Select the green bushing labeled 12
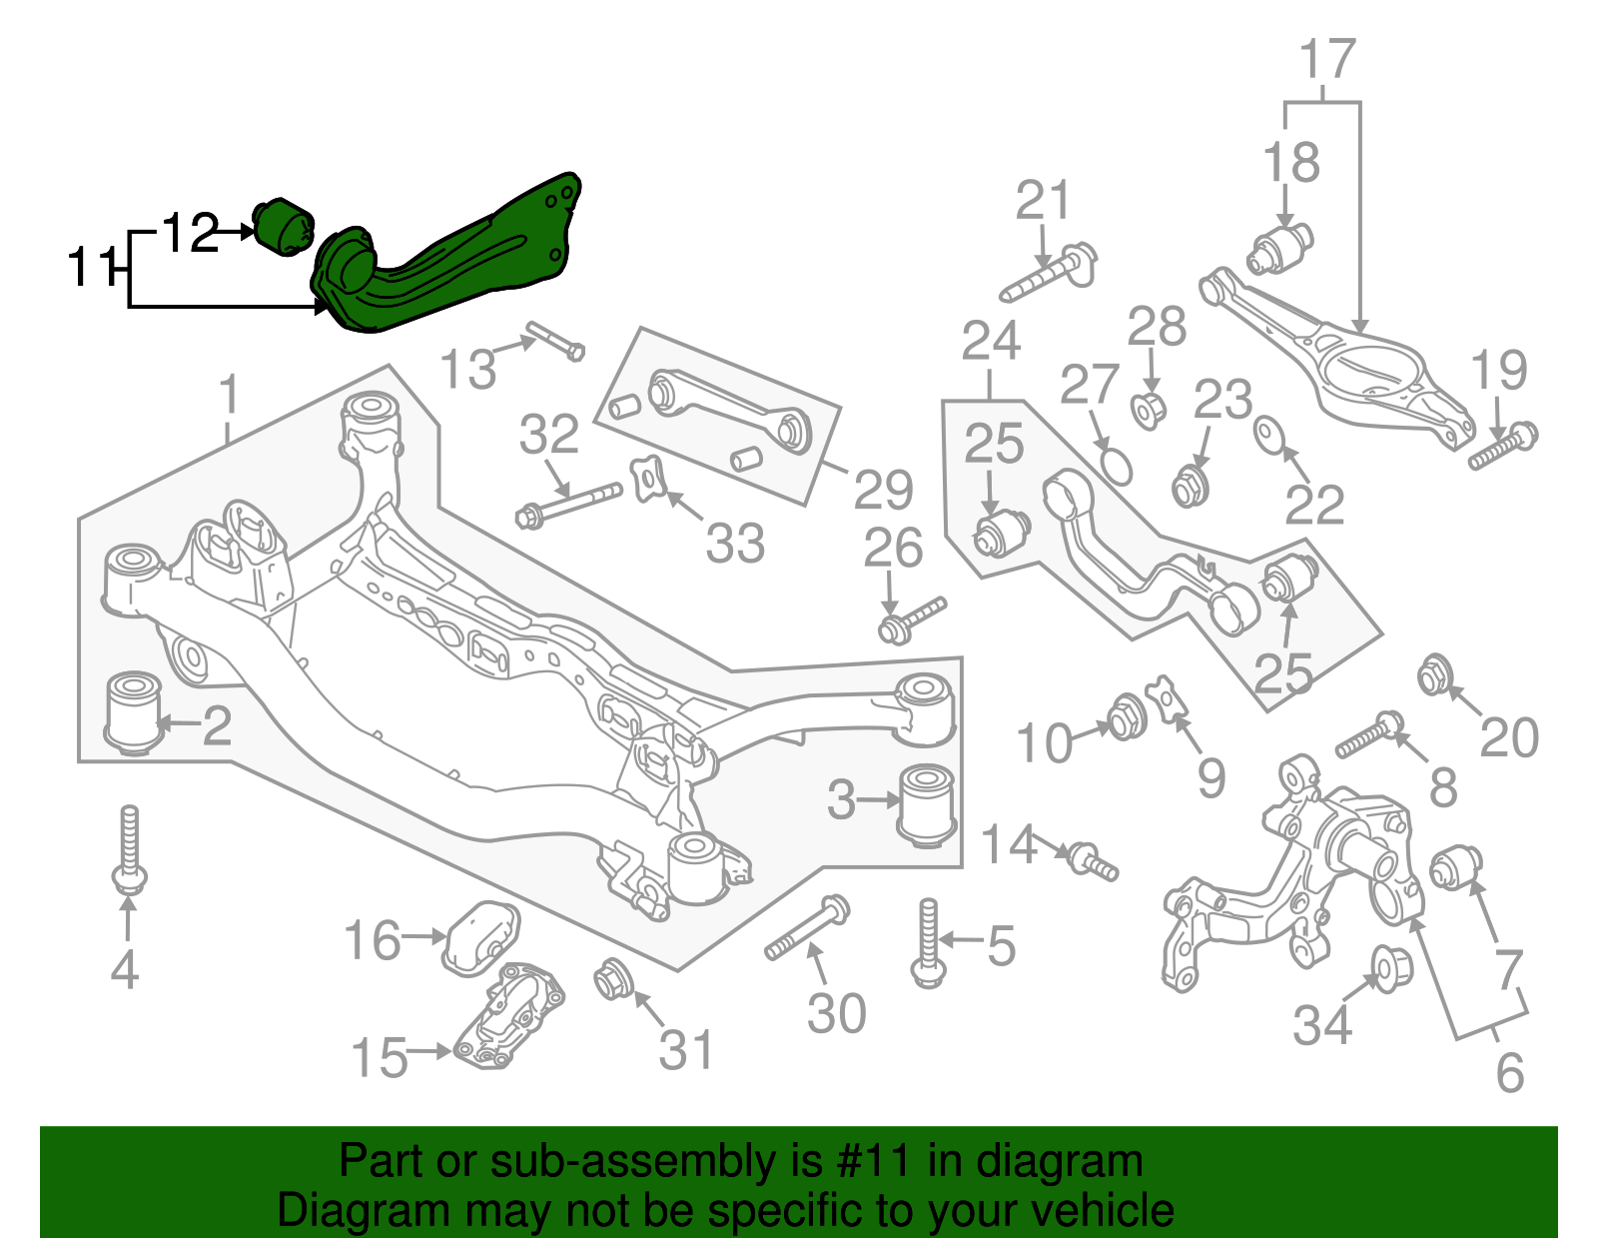click(x=284, y=227)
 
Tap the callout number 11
click(x=91, y=268)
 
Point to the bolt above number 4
click(x=128, y=849)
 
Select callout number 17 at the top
click(x=1327, y=60)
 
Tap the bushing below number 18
click(x=1280, y=249)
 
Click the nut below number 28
click(x=1149, y=410)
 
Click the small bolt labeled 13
click(x=554, y=340)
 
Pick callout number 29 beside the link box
click(x=883, y=490)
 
